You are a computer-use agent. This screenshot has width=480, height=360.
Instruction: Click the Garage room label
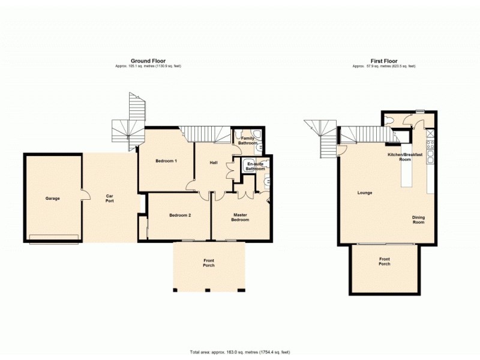[x=53, y=198]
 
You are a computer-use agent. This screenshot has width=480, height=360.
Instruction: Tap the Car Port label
[x=110, y=198]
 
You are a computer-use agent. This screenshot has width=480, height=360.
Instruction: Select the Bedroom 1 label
[x=166, y=161]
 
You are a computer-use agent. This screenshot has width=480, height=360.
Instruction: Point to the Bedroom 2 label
[x=179, y=215]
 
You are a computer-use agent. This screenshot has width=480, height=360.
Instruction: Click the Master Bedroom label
[x=240, y=217]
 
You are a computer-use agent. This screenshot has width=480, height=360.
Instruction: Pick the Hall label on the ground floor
[x=213, y=163]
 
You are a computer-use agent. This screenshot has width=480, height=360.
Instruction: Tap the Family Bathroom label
[x=248, y=141]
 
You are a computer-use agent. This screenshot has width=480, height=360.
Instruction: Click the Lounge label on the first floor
[x=365, y=193]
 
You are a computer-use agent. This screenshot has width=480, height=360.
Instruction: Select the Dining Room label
[x=418, y=220]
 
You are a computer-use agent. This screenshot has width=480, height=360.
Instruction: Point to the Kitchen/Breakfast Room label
[x=405, y=157]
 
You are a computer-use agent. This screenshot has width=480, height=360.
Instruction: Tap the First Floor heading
[x=384, y=61]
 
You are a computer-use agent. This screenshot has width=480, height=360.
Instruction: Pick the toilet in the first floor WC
[x=390, y=118]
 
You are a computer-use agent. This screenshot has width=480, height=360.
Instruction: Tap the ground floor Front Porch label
[x=208, y=262]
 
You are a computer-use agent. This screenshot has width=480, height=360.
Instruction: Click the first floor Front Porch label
[x=384, y=262]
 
